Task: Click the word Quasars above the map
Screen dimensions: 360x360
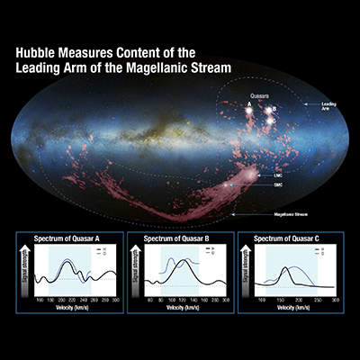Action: click(x=261, y=95)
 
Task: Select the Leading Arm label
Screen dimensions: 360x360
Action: click(x=328, y=106)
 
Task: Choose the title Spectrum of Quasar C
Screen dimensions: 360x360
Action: click(x=291, y=238)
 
